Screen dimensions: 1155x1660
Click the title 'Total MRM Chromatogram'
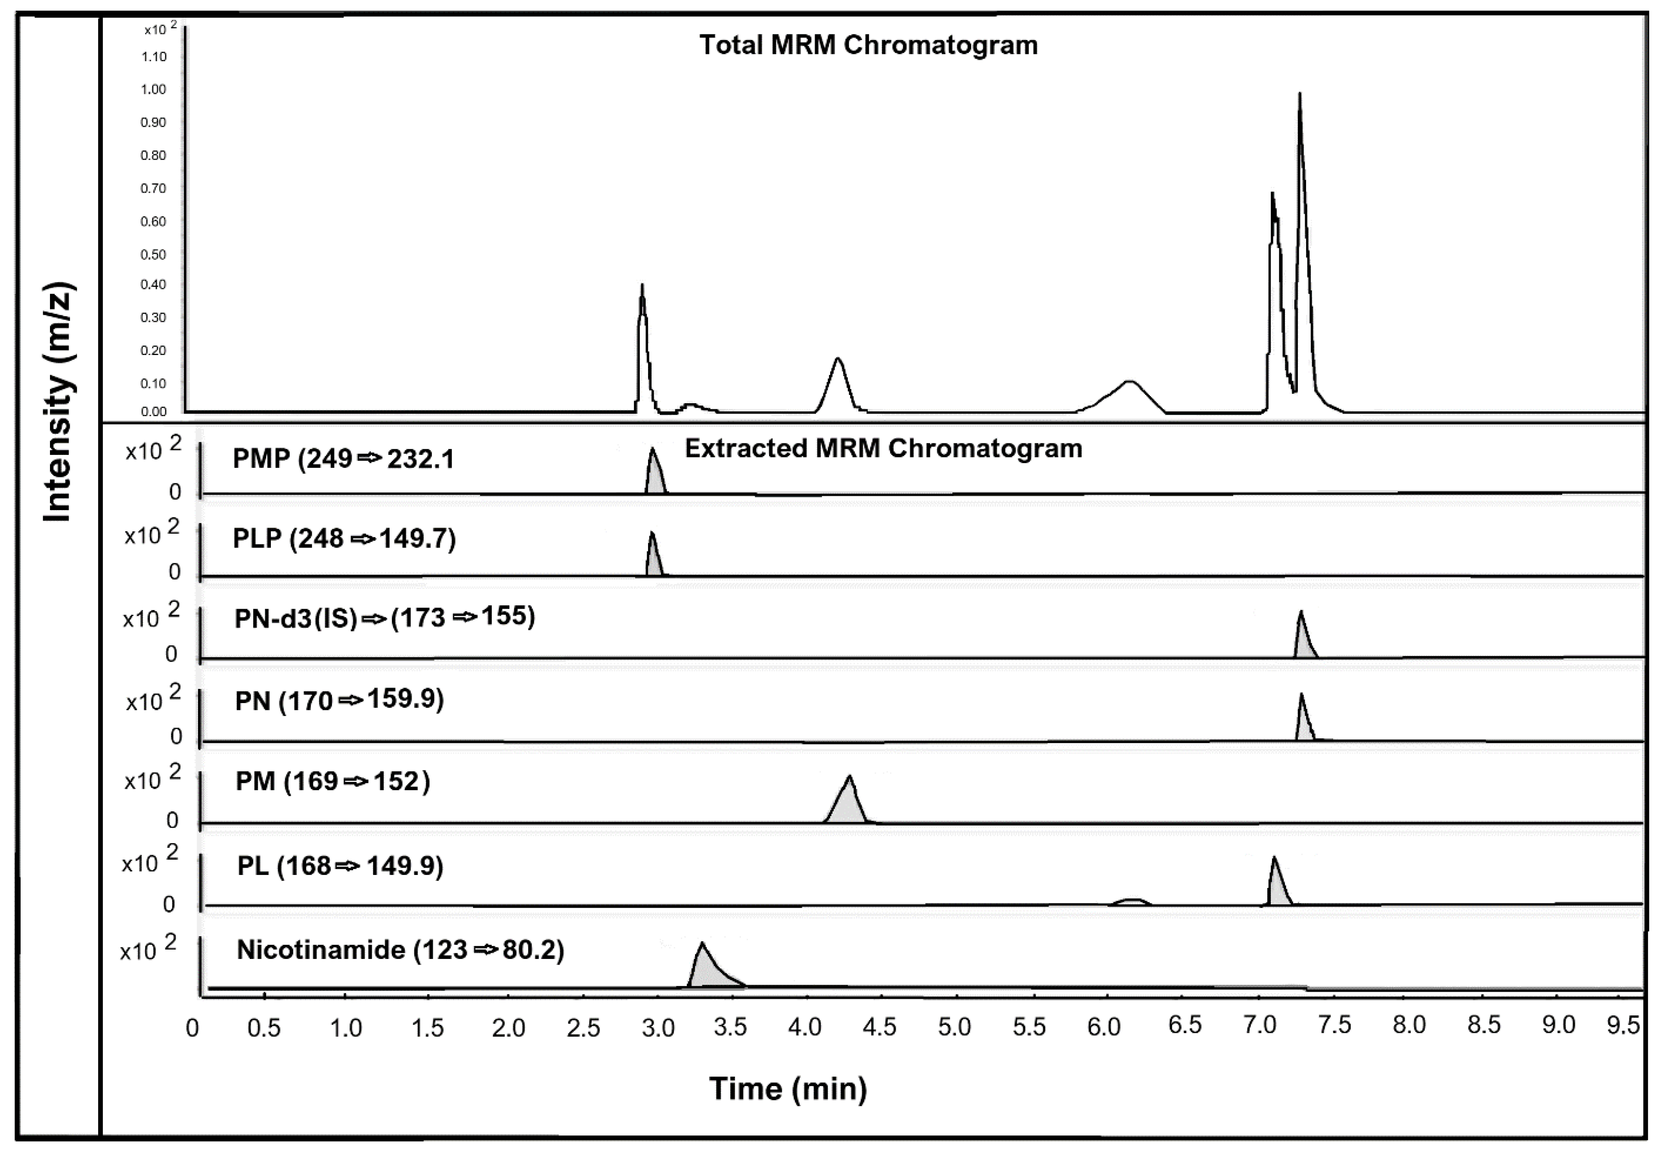pyautogui.click(x=868, y=45)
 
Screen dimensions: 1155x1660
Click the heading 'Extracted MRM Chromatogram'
pyautogui.click(x=883, y=448)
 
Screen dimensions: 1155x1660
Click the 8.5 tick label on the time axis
pyautogui.click(x=1483, y=1025)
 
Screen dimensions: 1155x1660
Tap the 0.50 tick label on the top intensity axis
pyautogui.click(x=153, y=255)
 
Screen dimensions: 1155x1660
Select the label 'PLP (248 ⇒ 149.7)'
pyautogui.click(x=344, y=539)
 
